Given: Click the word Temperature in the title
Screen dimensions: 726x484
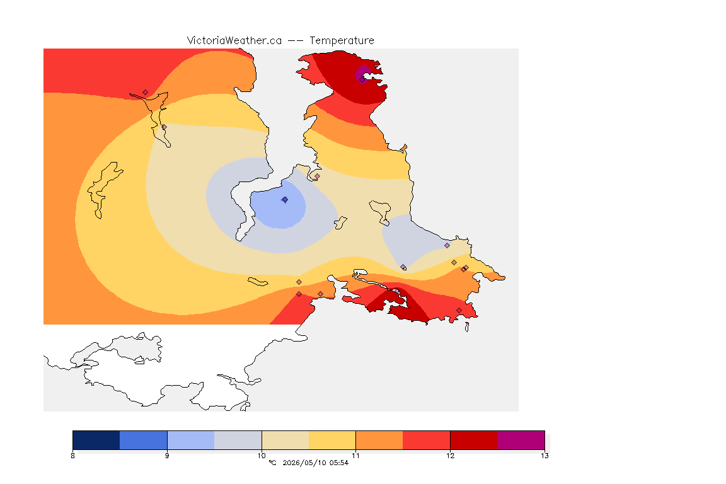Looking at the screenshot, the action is (x=342, y=41).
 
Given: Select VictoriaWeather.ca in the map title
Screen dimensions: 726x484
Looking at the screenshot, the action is (x=234, y=41).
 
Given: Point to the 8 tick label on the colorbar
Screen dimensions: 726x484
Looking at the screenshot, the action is (x=72, y=456).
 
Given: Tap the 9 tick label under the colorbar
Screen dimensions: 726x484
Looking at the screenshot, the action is (x=167, y=456).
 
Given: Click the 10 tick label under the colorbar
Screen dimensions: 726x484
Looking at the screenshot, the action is (x=262, y=456).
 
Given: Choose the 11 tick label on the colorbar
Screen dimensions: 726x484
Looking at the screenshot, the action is (x=355, y=456).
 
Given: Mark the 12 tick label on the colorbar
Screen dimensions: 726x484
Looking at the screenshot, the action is (x=450, y=456).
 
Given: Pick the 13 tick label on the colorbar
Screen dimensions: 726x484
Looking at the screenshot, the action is (x=544, y=456).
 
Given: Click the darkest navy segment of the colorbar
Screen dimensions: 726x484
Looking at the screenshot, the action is (x=96, y=440).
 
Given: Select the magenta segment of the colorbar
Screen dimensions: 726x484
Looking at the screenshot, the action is (x=521, y=440).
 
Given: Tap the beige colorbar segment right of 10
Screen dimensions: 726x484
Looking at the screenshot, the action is (x=285, y=440).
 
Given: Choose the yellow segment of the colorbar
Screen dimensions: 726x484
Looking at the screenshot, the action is (x=332, y=440).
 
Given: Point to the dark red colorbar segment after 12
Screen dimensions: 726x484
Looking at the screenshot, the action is (x=474, y=440).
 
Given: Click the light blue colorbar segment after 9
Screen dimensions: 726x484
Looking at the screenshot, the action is (x=191, y=440).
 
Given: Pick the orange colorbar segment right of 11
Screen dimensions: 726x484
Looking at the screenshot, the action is (x=379, y=440).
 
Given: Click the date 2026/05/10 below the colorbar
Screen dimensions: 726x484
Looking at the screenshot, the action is (x=304, y=463).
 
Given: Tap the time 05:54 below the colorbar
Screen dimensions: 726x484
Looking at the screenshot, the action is (x=339, y=463).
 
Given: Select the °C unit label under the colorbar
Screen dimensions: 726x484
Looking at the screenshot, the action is (x=272, y=463).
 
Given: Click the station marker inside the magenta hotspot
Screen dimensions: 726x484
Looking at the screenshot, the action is (x=362, y=79).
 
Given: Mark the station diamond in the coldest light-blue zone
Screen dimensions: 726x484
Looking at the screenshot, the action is (x=285, y=200).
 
